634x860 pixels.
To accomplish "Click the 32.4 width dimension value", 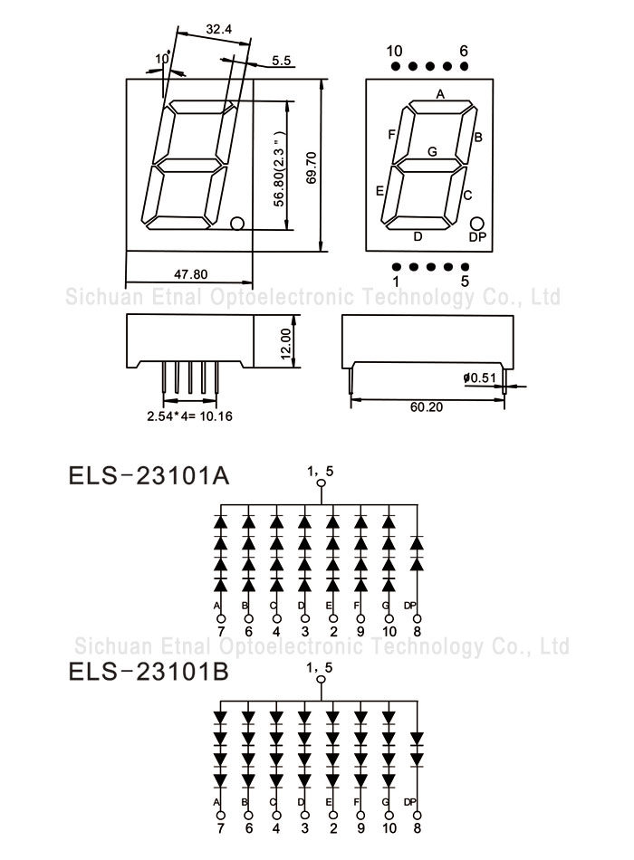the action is click(218, 29).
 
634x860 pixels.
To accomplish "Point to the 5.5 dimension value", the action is click(281, 61).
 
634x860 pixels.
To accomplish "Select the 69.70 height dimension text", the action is click(312, 167).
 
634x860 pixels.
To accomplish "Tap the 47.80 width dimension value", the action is click(191, 273).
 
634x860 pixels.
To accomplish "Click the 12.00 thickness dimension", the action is click(286, 344).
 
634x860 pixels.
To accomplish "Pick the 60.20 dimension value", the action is click(426, 407).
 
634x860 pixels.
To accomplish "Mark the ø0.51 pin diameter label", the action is click(479, 377).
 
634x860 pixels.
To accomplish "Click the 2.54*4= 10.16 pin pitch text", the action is click(189, 416).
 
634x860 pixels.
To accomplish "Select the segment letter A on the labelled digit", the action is click(440, 94).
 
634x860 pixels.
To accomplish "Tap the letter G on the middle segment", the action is click(433, 151).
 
